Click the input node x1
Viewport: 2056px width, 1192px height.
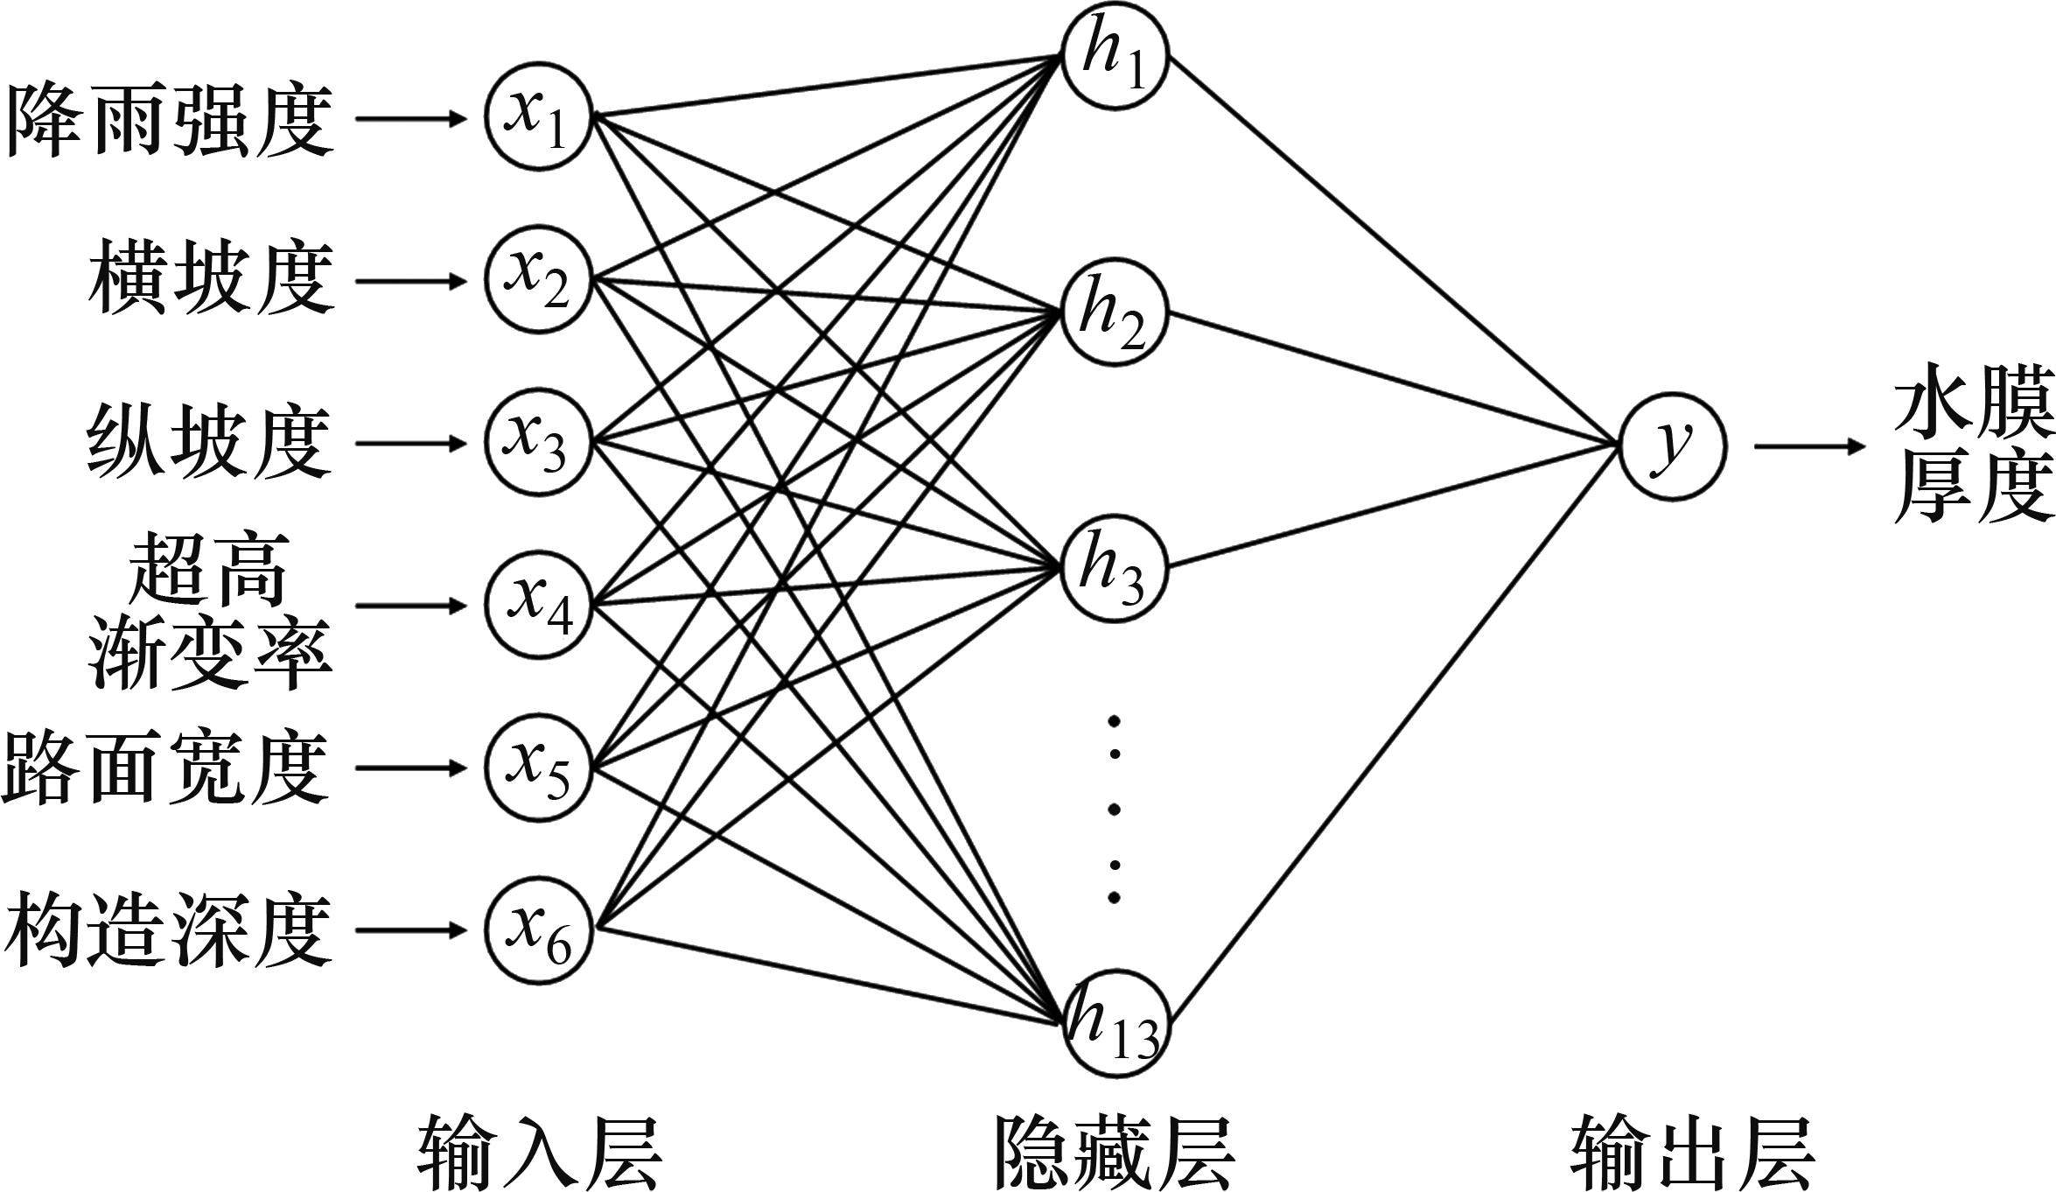coord(539,116)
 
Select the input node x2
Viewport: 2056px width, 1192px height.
coord(539,280)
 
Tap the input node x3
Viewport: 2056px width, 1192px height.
coord(539,443)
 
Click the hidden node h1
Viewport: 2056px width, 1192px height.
coord(1115,60)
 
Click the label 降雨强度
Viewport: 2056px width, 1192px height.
coord(170,119)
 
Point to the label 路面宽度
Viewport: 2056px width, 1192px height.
coord(166,768)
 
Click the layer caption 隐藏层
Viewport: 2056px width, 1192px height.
coord(1115,1150)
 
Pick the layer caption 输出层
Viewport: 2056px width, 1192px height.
coord(1692,1150)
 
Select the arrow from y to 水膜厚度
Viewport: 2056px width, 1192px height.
coord(1809,445)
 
